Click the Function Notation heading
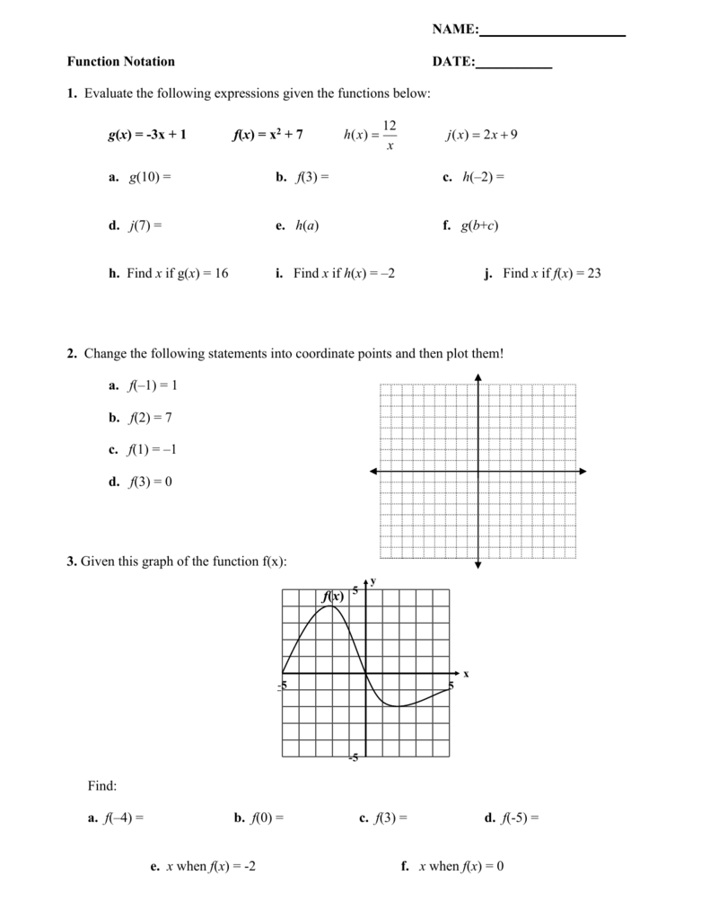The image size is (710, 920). (120, 61)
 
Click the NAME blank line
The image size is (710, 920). (552, 34)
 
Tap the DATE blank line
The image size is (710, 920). (513, 66)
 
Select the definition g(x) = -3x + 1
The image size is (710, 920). (147, 135)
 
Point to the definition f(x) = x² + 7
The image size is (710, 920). (267, 135)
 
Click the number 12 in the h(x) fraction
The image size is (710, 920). (390, 125)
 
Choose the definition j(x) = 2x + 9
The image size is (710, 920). (482, 135)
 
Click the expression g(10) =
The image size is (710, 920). (150, 178)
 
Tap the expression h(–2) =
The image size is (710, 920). (483, 178)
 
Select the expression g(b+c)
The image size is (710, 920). (479, 226)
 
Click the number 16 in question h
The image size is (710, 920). (221, 273)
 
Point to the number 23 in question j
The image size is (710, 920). (593, 273)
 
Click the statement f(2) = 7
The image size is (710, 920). (150, 417)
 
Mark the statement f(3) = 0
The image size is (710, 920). (150, 482)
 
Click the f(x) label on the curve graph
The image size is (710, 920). (333, 597)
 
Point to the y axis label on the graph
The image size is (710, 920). (373, 581)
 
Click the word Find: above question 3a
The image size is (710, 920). (102, 786)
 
